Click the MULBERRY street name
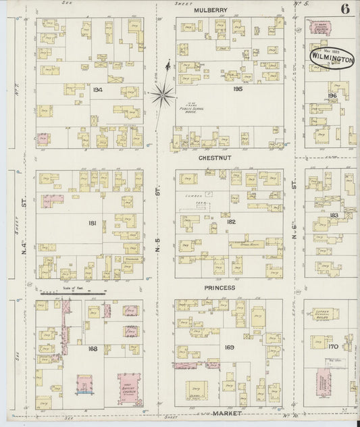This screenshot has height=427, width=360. pyautogui.click(x=210, y=10)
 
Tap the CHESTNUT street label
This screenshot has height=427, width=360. pyautogui.click(x=216, y=158)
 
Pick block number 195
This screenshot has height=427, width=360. pyautogui.click(x=218, y=89)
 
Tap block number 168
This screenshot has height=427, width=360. pyautogui.click(x=93, y=349)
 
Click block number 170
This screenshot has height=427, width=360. pyautogui.click(x=332, y=347)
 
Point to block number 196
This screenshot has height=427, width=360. pyautogui.click(x=331, y=95)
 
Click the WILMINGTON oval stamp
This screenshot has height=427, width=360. pyautogui.click(x=332, y=59)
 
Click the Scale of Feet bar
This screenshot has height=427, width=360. pyautogui.click(x=71, y=294)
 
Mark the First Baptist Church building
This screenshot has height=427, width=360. pyautogui.click(x=130, y=390)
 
